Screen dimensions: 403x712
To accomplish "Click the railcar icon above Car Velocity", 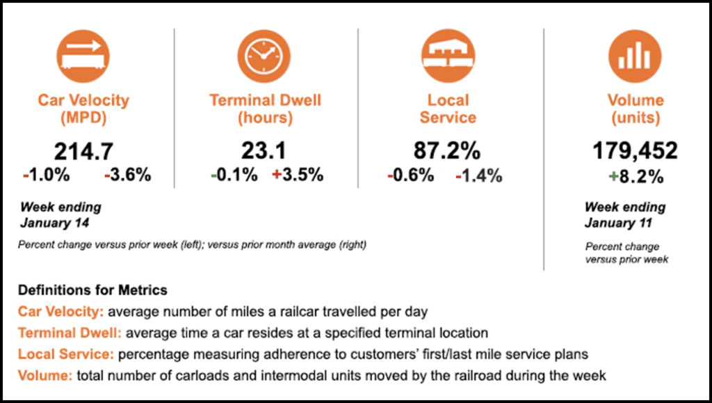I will (83, 55).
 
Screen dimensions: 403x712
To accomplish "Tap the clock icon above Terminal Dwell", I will (264, 55).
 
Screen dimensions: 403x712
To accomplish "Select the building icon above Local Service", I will (448, 55).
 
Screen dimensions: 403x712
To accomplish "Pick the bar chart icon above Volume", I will (634, 55).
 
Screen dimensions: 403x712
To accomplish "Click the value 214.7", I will (83, 151).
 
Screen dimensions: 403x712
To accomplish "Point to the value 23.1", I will (264, 151).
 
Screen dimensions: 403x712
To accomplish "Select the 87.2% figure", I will (448, 151).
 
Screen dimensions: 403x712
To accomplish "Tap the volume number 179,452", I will (634, 151).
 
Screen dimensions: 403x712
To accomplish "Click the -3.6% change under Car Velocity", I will (127, 175).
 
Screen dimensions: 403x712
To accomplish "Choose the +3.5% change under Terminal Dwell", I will (298, 175).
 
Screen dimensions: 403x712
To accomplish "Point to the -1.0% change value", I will (46, 175).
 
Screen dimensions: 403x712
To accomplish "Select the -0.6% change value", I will (411, 175).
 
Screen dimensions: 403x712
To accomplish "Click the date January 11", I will (619, 223).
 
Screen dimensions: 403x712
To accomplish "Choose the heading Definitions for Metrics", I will (92, 290).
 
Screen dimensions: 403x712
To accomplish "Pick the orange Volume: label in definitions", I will (45, 376).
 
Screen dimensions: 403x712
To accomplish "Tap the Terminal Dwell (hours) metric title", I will (265, 109).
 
